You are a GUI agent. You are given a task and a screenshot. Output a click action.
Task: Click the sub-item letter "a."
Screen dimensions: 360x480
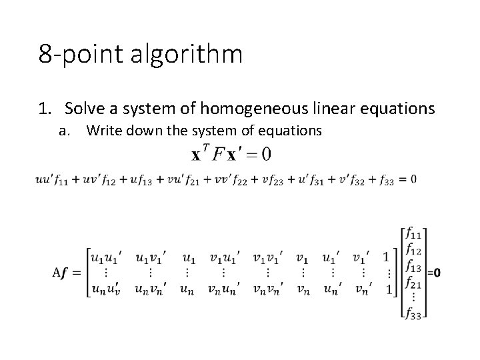[65, 131]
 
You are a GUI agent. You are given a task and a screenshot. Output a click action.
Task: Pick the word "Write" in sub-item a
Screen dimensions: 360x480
[102, 131]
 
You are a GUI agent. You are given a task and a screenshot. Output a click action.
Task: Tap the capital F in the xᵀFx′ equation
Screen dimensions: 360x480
[218, 154]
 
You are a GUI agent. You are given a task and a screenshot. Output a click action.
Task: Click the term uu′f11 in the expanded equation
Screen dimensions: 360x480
[53, 179]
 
